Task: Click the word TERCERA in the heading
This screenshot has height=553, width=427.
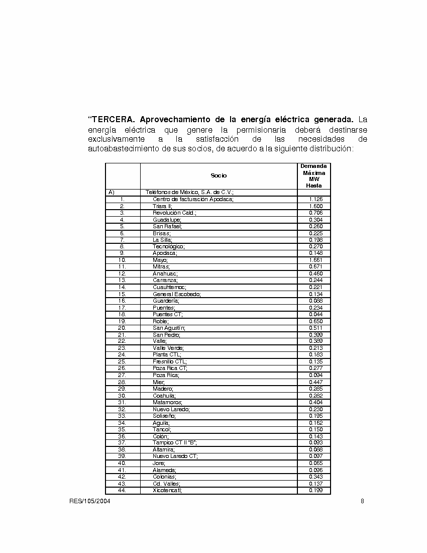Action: point(114,120)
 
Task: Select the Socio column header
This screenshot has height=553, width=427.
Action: point(219,175)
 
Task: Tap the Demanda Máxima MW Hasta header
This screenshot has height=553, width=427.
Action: point(313,175)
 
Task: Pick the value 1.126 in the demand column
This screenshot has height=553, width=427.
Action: point(315,199)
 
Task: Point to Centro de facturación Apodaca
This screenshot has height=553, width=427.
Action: point(193,199)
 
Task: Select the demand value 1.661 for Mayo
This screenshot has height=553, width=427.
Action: point(315,260)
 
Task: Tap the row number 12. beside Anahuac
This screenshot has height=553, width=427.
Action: point(122,273)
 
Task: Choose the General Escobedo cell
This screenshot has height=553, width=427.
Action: point(176,294)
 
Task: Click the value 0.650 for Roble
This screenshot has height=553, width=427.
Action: point(315,321)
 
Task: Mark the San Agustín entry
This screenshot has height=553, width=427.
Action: point(169,328)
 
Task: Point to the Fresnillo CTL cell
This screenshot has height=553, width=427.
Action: point(170,361)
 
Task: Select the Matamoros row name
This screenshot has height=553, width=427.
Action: point(168,402)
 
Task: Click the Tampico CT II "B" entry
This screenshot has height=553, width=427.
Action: point(174,443)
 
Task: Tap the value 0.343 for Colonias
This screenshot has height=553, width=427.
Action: point(315,477)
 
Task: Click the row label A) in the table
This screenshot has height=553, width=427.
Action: point(112,192)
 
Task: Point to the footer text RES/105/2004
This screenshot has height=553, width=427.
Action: point(90,501)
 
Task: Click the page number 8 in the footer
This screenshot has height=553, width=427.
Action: point(362,501)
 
